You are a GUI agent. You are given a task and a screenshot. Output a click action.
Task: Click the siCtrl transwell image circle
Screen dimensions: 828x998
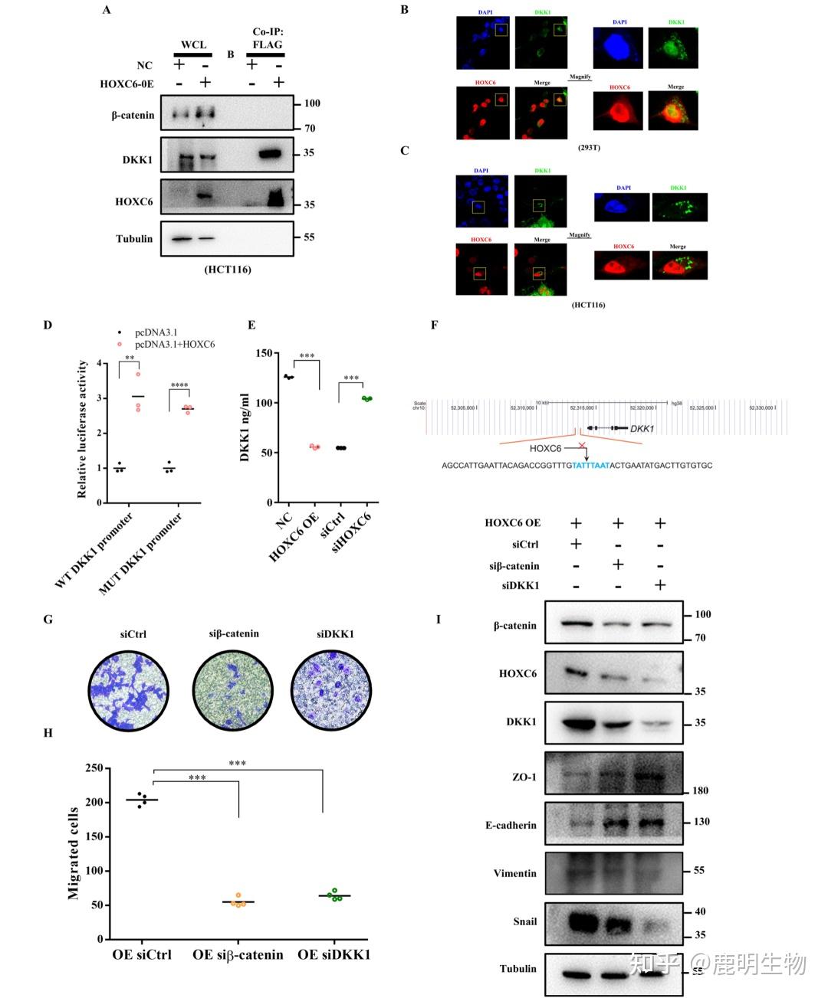click(128, 692)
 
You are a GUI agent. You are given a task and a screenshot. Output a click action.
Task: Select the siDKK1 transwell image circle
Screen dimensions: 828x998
click(331, 692)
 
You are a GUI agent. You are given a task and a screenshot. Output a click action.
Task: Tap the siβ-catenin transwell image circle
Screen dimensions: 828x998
click(233, 692)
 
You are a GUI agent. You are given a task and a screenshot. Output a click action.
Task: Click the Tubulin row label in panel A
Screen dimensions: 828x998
click(134, 239)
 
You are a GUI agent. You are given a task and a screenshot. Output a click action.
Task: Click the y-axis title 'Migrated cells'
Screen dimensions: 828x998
click(74, 852)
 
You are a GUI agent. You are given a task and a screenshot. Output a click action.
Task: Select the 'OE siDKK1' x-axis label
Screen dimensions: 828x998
click(333, 955)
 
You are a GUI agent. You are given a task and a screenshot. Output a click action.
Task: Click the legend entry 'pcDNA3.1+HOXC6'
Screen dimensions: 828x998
click(175, 345)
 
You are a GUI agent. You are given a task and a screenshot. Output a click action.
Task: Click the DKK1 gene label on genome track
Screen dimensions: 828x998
click(642, 429)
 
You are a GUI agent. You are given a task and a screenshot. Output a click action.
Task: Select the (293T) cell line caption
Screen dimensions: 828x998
click(589, 147)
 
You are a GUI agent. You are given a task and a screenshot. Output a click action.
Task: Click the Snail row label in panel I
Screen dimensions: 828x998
click(525, 922)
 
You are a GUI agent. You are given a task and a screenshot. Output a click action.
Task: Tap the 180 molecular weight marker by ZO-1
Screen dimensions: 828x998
click(699, 790)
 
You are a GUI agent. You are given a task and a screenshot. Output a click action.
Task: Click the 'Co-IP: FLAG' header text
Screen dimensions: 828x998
click(268, 38)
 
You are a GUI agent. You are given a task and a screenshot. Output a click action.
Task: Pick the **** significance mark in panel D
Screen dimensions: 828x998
click(179, 386)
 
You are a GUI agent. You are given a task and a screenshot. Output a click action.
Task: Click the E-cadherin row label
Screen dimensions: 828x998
click(511, 826)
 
